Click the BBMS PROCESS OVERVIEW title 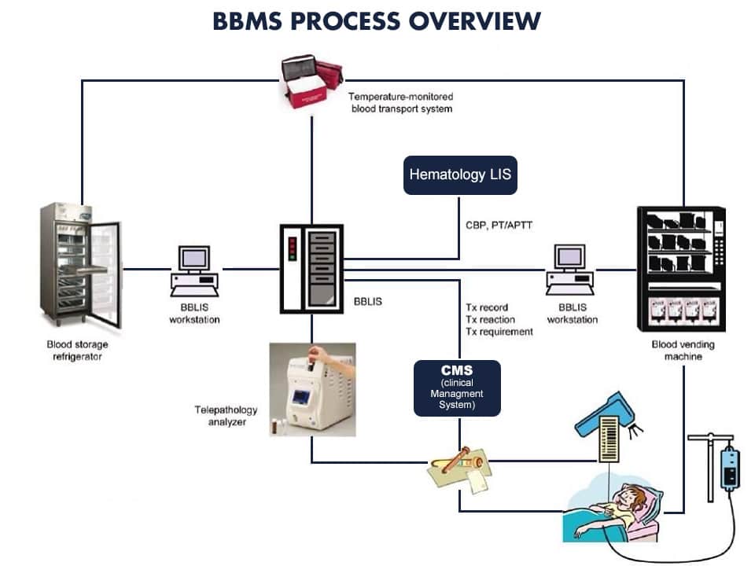tap(377, 21)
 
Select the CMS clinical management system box tap(457, 388)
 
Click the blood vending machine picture tap(680, 271)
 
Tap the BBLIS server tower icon tap(312, 266)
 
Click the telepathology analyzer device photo tap(311, 388)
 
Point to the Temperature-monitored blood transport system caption tap(401, 102)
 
